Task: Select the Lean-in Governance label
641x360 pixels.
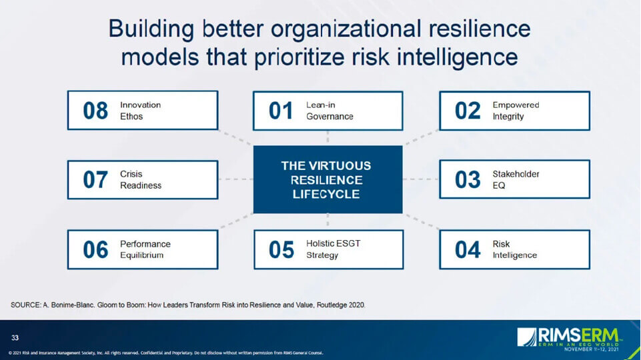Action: [330, 111]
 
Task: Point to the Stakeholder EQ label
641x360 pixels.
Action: [516, 179]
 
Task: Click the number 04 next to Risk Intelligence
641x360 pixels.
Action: [468, 250]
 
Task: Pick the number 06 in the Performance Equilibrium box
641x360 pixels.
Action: [95, 250]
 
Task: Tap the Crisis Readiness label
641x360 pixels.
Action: [141, 180]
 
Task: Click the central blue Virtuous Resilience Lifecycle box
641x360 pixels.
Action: [328, 180]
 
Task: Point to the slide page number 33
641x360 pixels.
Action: [15, 337]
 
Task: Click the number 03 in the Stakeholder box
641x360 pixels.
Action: [468, 180]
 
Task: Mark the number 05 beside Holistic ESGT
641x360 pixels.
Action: [281, 250]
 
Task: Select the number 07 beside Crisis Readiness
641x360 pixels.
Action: [95, 180]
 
